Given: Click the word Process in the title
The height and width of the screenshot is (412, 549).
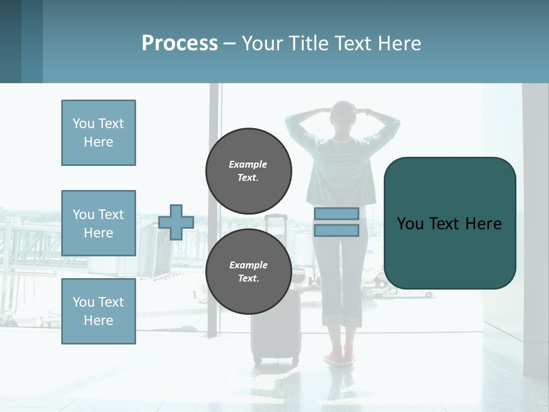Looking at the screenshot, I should pyautogui.click(x=180, y=43).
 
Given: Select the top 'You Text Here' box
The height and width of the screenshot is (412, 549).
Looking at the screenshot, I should pyautogui.click(x=98, y=133).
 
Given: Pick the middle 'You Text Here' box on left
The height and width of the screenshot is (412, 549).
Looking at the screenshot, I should pyautogui.click(x=98, y=223).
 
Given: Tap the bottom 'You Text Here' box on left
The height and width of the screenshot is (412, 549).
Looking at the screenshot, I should pyautogui.click(x=98, y=311).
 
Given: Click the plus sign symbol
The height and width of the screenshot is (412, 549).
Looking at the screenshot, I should pyautogui.click(x=176, y=222).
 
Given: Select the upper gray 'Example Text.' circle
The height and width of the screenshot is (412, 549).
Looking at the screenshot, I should pyautogui.click(x=248, y=171).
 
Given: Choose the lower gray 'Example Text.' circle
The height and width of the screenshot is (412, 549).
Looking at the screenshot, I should pyautogui.click(x=248, y=271).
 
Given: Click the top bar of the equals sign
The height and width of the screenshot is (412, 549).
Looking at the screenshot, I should pyautogui.click(x=336, y=213).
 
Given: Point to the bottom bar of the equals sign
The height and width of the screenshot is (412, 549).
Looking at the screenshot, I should pyautogui.click(x=336, y=230).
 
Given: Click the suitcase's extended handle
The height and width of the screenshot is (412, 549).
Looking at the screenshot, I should pyautogui.click(x=276, y=240).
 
